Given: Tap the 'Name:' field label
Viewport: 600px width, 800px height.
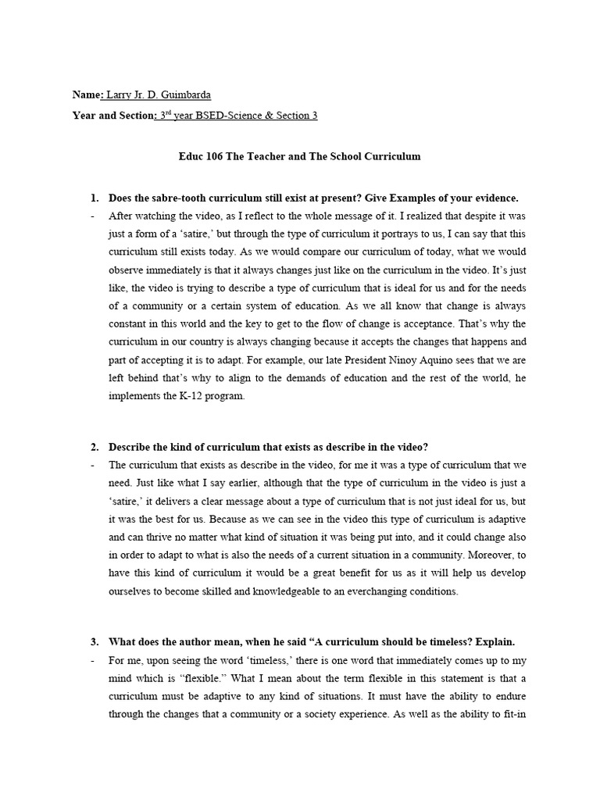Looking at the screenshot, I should (x=87, y=95).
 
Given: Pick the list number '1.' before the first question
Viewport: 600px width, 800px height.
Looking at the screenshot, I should (x=95, y=198).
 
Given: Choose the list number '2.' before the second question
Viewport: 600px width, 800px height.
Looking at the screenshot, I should (x=95, y=447).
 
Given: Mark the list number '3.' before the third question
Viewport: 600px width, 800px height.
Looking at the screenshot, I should (x=95, y=642).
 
